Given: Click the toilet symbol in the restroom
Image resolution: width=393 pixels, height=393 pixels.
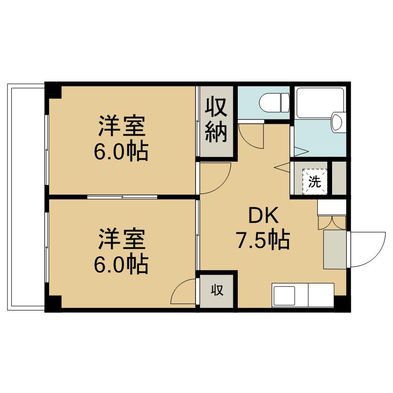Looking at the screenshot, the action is click(275, 103).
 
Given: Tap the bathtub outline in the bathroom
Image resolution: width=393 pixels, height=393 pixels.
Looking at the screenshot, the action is click(320, 102).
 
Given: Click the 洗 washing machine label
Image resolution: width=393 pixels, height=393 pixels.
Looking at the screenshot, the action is click(315, 182).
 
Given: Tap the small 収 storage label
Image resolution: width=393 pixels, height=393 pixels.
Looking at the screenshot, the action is click(217, 290).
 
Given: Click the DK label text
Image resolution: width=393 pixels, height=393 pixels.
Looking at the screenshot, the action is click(263, 216).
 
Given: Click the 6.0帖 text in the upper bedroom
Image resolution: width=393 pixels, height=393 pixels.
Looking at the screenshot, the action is click(121, 152).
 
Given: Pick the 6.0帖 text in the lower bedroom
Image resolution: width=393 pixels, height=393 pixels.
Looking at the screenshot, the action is click(121, 264).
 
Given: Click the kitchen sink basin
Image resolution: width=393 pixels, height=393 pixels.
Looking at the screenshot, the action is click(284, 296).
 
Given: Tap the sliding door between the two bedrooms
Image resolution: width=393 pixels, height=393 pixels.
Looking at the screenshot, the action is click(122, 197).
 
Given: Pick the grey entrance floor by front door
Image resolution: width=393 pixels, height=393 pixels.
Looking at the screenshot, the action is click(335, 250).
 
